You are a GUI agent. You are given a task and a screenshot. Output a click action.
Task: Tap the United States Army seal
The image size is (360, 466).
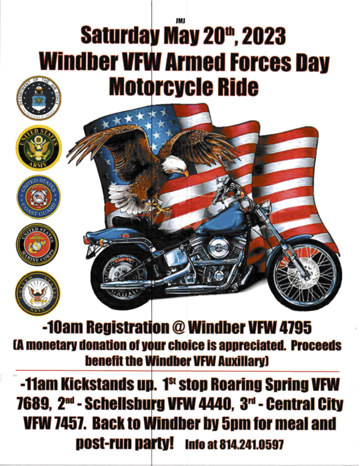tap(39, 147)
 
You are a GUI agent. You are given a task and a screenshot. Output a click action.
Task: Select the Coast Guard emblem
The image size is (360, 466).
tap(39, 197)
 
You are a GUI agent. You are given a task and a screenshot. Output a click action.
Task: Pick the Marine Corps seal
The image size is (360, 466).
tap(39, 245)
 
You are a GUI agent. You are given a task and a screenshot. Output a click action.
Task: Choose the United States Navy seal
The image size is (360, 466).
tap(39, 294)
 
